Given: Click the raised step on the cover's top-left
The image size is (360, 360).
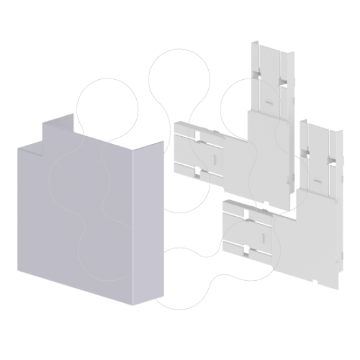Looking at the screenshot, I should pyautogui.click(x=58, y=128).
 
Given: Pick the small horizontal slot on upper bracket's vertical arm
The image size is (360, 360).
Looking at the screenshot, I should pyautogui.click(x=268, y=104).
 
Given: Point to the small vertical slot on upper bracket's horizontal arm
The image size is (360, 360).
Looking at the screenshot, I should pyautogui.click(x=211, y=159).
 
